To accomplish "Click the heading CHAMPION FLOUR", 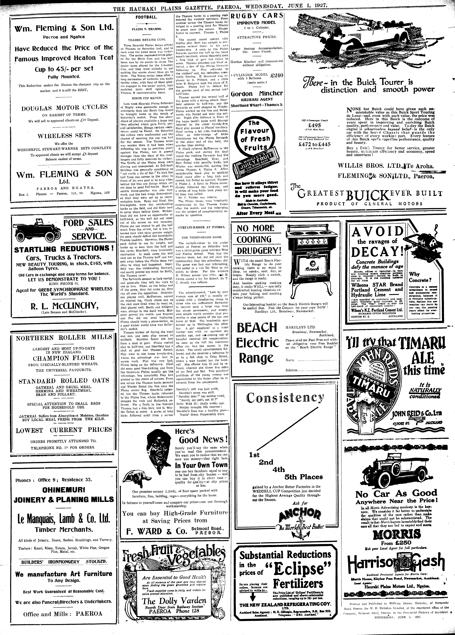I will point(64,358).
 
